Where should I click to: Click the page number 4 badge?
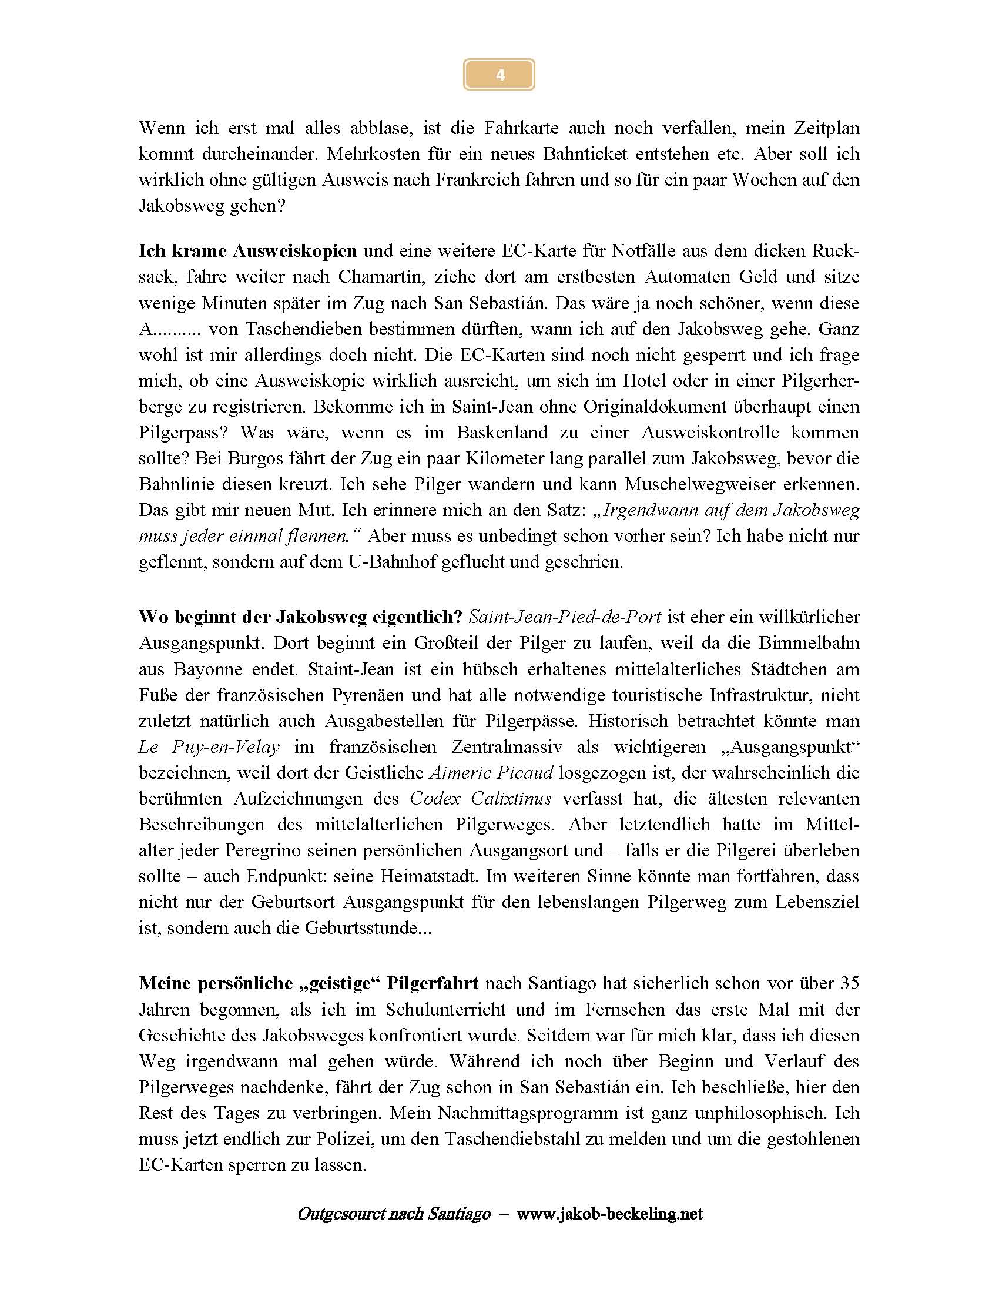point(499,75)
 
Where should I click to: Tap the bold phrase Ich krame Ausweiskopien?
point(247,251)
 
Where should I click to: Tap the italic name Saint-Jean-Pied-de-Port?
point(565,617)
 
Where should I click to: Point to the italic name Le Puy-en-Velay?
point(209,747)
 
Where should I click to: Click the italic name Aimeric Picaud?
point(491,773)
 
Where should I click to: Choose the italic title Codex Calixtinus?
point(481,799)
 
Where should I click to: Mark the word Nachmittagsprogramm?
point(524,1114)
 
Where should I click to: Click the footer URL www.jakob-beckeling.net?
point(609,1214)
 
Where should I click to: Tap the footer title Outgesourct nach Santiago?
point(394,1214)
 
